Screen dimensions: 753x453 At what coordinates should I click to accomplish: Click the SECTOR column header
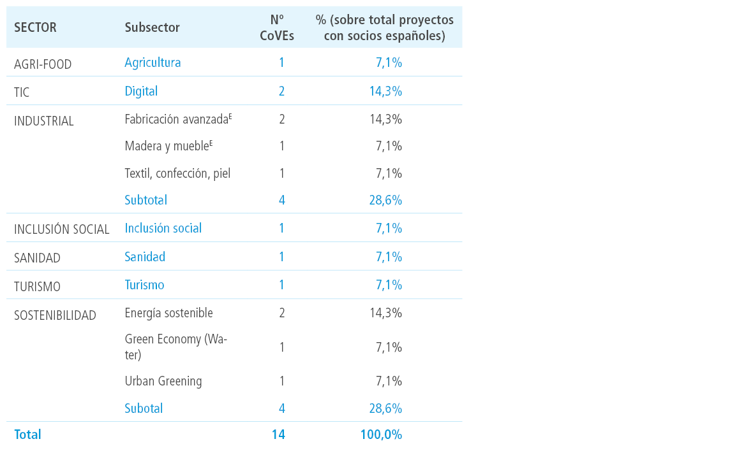coord(35,28)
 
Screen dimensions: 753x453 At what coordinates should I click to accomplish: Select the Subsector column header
coord(153,28)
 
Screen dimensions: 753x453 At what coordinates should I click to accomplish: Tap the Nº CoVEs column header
coord(277,28)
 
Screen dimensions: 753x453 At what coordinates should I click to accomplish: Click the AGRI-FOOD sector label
coord(43,64)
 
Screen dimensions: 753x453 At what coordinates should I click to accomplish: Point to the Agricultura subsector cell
coord(153,63)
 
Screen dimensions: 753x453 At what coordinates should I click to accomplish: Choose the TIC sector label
coord(22,92)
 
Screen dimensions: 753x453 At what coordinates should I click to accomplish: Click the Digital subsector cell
coord(141,91)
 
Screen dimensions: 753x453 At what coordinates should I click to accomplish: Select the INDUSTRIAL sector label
coord(43,121)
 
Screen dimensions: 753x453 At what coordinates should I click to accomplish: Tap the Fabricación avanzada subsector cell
coord(178,119)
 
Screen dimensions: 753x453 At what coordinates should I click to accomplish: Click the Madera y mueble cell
coord(168,146)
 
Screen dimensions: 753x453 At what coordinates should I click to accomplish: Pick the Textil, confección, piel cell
coord(177,173)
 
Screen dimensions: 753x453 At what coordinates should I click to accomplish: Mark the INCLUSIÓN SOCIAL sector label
coord(61,229)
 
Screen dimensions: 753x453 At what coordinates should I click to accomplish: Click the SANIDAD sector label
coord(37,258)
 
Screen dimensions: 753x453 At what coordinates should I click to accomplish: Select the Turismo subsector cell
coord(145,285)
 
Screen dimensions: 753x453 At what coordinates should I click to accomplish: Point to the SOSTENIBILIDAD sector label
coord(56,315)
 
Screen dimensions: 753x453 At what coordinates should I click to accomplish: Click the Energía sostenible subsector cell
coord(168,313)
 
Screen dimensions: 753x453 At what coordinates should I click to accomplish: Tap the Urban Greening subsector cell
coord(163,381)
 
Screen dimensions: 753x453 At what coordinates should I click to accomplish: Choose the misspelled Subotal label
coord(144,408)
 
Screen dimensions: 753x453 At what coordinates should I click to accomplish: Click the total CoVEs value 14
coord(278,435)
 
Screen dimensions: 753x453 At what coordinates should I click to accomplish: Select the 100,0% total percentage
coord(382,435)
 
